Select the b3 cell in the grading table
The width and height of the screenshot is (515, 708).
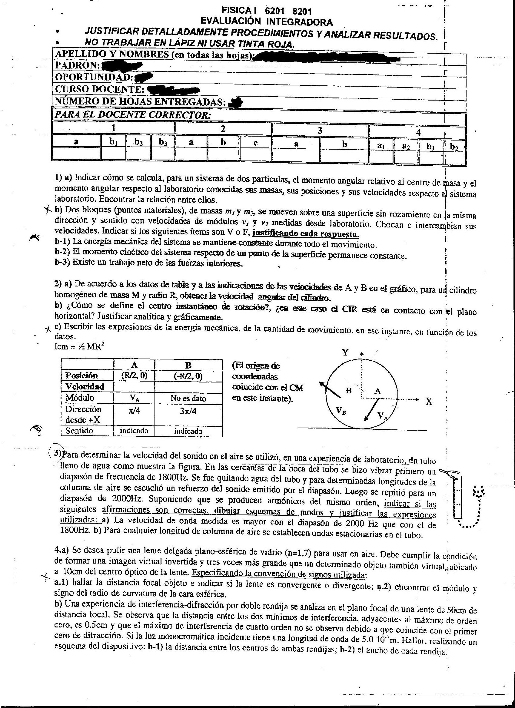tap(163, 142)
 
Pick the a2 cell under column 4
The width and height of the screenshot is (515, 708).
tap(406, 146)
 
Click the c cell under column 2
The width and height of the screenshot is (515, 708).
tap(255, 143)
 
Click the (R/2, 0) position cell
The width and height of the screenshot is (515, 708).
tap(134, 375)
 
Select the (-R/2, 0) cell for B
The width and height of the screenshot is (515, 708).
tap(188, 376)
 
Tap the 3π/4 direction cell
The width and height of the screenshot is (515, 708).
tap(188, 411)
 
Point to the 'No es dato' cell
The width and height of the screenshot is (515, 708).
tap(188, 398)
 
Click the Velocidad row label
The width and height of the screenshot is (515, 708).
tap(85, 386)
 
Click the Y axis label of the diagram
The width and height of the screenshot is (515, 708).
tap(345, 352)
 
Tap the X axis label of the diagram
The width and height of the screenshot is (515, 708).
tap(429, 402)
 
